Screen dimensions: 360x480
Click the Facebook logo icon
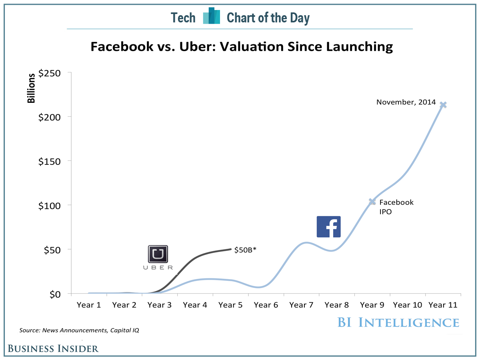click(x=328, y=227)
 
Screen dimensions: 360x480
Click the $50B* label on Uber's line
click(x=245, y=250)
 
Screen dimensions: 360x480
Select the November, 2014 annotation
click(x=406, y=102)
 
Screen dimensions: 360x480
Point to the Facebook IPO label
click(x=396, y=207)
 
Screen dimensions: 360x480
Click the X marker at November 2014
click(x=443, y=105)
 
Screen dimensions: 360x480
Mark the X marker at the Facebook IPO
click(x=372, y=202)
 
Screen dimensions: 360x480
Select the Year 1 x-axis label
click(x=89, y=305)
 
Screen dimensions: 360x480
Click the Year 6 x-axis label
click(x=266, y=305)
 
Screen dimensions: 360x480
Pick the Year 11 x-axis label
click(x=443, y=305)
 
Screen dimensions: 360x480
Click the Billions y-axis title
click(x=31, y=88)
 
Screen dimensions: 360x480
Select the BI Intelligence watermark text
click(x=398, y=322)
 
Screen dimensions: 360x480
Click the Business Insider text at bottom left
click(x=54, y=348)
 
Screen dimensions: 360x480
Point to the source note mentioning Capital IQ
click(x=79, y=330)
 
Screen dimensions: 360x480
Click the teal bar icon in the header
click(x=212, y=16)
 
